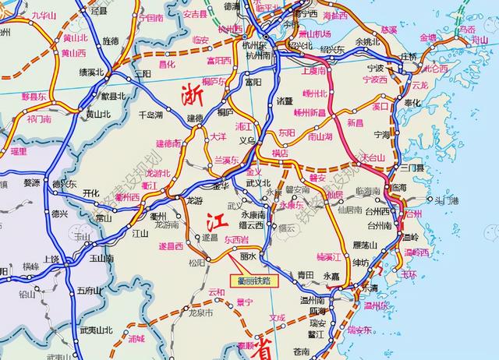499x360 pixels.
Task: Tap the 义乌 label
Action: (x=247, y=141)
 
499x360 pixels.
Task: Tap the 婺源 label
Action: (x=32, y=183)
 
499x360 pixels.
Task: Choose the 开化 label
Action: (x=90, y=193)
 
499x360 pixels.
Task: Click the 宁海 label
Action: (x=382, y=134)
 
